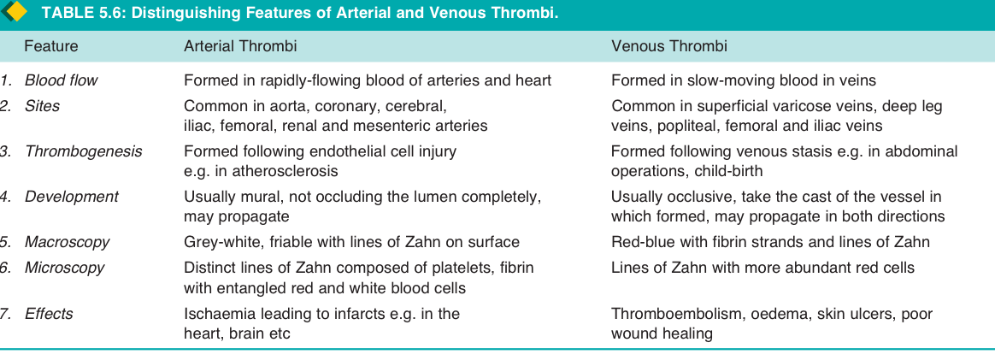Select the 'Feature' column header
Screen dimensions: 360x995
tap(50, 46)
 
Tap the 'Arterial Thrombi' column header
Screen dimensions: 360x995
tap(240, 46)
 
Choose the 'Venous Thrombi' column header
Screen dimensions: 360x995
tap(669, 46)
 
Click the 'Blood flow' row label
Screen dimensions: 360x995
tap(61, 80)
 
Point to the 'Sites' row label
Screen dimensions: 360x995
tap(42, 106)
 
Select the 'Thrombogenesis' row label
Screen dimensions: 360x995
tap(83, 151)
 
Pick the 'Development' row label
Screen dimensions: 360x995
tap(71, 196)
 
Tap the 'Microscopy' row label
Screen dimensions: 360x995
tap(64, 268)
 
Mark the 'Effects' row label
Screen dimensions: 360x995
tap(49, 314)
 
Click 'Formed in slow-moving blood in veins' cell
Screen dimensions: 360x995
tap(744, 80)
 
